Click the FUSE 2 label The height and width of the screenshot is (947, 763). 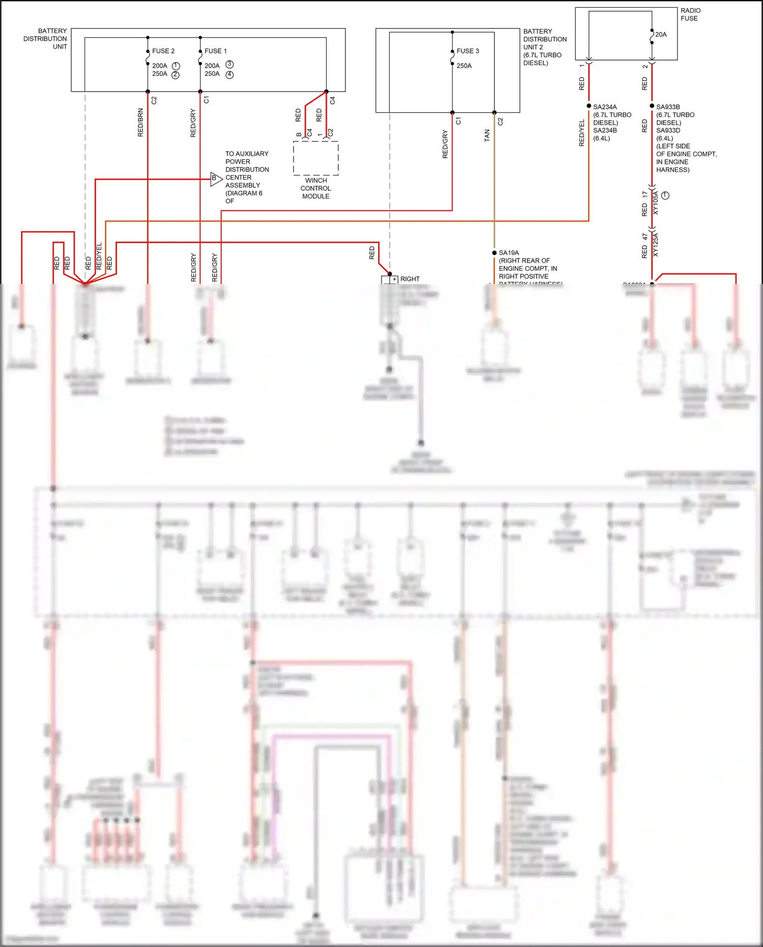(163, 51)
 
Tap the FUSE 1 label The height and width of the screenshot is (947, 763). (216, 51)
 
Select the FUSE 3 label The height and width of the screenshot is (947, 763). (467, 51)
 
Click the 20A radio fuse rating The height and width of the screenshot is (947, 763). (661, 35)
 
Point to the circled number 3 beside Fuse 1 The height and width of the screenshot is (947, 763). (229, 64)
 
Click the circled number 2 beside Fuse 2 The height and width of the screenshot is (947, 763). (175, 75)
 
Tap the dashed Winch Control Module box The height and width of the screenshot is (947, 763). (315, 158)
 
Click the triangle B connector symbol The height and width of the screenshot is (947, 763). (216, 179)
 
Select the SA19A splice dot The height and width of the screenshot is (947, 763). (494, 252)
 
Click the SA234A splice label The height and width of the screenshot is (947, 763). (605, 107)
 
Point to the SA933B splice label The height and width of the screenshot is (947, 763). (668, 107)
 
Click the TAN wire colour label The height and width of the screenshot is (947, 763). (487, 135)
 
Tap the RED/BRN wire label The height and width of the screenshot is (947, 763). (140, 123)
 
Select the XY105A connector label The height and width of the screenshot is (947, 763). (655, 203)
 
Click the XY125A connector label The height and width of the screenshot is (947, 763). (655, 244)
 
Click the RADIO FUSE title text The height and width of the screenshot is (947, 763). (690, 14)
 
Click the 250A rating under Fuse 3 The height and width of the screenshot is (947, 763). (464, 66)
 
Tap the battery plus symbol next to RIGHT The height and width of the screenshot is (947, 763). (394, 279)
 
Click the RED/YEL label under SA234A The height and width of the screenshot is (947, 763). (582, 133)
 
